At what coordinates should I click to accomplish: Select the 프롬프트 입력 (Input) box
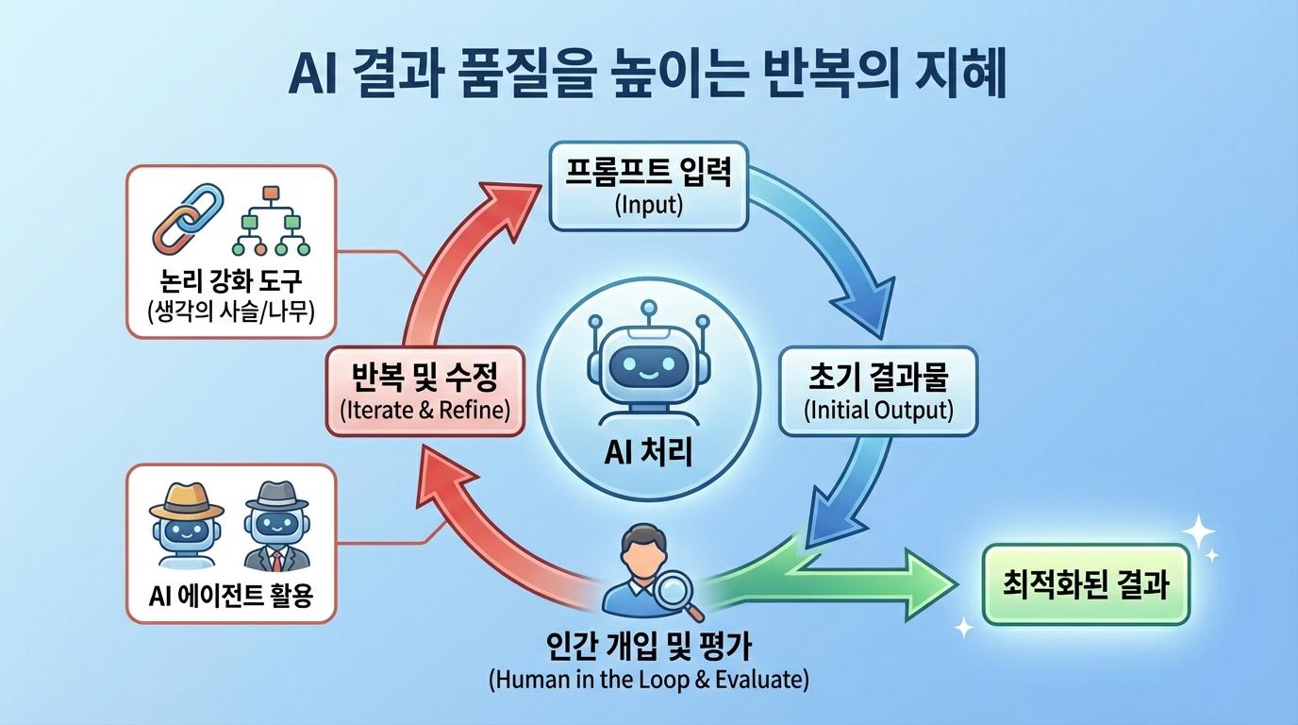point(648,187)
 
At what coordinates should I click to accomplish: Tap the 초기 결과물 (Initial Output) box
point(878,391)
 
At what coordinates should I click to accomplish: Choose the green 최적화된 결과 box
point(1086,584)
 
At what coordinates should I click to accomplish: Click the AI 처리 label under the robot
point(648,452)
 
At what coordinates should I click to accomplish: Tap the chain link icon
point(188,217)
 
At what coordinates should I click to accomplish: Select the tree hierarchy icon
point(272,221)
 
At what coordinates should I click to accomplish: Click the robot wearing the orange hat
point(187,525)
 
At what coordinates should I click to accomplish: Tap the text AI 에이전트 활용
point(231,597)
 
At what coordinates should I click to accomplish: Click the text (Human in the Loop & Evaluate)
point(648,680)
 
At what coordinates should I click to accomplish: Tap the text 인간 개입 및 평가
point(648,649)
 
